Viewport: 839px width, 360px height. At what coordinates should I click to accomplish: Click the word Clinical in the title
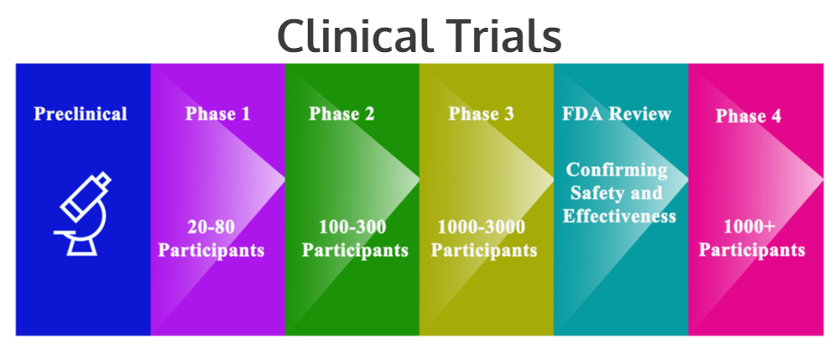coord(354,35)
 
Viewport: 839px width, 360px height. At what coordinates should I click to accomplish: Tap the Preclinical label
coord(81,113)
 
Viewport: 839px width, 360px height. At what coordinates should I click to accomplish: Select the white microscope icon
coord(82,213)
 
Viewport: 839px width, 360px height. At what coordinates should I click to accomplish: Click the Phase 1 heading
coord(217,113)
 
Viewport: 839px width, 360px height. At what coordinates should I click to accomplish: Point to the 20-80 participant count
coord(211,227)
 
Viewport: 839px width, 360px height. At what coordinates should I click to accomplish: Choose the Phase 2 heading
coord(341,113)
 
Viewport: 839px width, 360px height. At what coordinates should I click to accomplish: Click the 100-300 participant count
coord(352,227)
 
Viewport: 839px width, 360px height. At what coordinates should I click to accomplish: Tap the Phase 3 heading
coord(481,113)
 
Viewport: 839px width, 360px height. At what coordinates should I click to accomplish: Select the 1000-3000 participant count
coord(481,227)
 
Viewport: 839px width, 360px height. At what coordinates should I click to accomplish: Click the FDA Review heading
coord(617,113)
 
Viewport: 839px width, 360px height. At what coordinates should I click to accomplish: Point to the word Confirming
coord(617,170)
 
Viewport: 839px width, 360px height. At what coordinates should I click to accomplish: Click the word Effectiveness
coord(619,216)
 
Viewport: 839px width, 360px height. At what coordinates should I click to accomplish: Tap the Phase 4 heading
coord(748,116)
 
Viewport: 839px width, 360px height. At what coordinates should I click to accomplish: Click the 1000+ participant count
coord(749,227)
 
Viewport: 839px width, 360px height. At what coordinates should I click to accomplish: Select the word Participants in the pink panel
coord(752,250)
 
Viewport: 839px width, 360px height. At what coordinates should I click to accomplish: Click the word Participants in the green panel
coord(355,250)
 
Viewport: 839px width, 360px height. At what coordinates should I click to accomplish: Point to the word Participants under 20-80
coord(211,250)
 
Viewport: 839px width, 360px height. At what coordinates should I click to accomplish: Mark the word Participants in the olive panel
coord(484,250)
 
